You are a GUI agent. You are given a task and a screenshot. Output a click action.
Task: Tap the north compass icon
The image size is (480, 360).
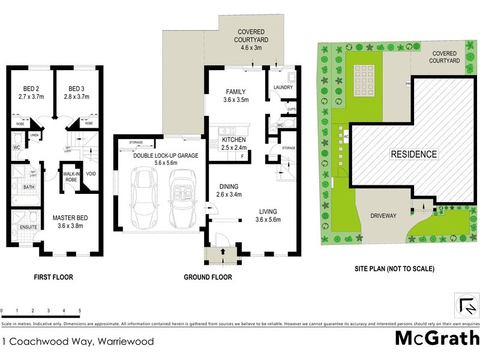coord(466,304)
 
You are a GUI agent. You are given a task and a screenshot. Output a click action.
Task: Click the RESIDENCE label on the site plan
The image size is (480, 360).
coord(414,154)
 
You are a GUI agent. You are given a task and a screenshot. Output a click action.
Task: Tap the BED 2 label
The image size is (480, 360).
coord(28,87)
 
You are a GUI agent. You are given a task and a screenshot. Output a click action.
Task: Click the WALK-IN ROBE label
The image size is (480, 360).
coord(71,176)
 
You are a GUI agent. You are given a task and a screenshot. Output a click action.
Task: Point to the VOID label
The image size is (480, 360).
coord(91,174)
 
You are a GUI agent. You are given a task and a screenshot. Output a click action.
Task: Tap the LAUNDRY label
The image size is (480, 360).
coord(283,88)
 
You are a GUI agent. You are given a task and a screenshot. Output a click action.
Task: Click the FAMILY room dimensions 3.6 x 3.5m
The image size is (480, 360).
coord(236,100)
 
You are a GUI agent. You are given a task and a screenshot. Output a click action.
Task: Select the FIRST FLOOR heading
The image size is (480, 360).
coord(53,277)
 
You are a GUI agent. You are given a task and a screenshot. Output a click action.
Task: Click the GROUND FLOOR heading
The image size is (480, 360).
coord(208,277)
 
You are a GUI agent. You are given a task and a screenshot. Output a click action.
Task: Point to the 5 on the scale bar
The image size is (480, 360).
coord(80,311)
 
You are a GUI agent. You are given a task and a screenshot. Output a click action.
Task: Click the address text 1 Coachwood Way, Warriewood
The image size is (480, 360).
coord(77,342)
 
